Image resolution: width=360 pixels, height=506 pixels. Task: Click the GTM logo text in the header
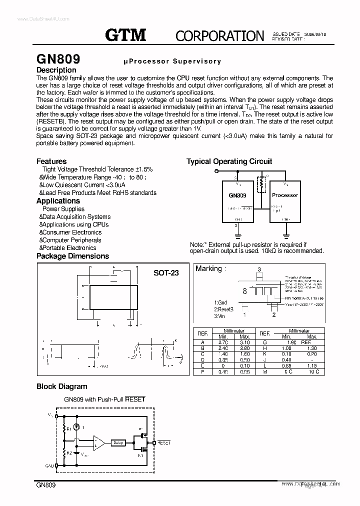coord(125,34)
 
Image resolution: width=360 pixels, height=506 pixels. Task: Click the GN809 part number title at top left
coord(58,59)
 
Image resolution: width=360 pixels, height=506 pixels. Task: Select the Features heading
coord(51,161)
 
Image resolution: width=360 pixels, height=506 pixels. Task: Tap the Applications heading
coord(58,200)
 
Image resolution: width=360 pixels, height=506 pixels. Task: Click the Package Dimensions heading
coord(72,256)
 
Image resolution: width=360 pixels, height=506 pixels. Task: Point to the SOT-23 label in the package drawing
coord(166,272)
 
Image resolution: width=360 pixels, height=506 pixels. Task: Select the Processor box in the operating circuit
coord(285,195)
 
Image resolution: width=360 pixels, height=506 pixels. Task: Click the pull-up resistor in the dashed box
coord(260,184)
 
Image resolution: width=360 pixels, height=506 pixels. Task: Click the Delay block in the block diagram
coord(118,442)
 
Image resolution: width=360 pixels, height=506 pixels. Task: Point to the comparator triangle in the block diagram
coord(99,442)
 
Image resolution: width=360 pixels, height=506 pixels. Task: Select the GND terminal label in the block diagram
coord(49,465)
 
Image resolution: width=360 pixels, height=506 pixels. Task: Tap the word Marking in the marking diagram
coord(208,268)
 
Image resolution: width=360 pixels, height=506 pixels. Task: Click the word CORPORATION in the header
coord(219,35)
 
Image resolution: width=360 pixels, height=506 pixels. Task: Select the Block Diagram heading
coord(61,386)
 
